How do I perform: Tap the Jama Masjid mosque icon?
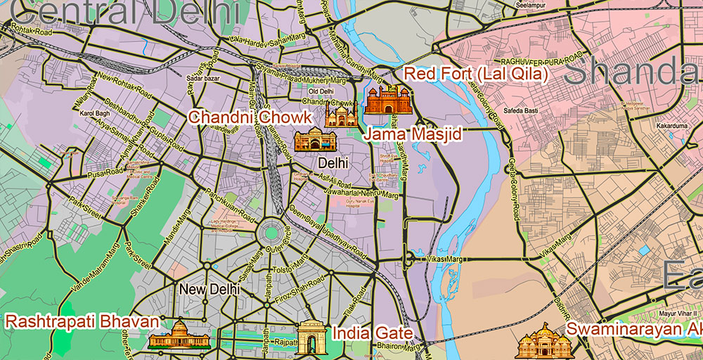(x=341, y=114)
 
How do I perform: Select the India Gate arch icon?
(x=310, y=337)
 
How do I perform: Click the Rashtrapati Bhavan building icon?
(x=179, y=335)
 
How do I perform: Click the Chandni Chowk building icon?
(x=311, y=141)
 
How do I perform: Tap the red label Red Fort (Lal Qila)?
(x=475, y=75)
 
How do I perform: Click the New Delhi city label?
(x=209, y=289)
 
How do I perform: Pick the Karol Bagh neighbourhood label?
(x=95, y=113)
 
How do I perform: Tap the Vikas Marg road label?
(x=443, y=259)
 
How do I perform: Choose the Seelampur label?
(x=529, y=5)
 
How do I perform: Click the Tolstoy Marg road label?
(x=286, y=266)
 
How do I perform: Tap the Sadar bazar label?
(x=203, y=78)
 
